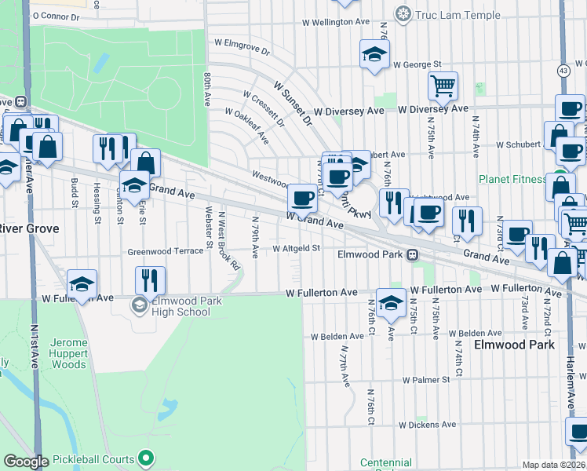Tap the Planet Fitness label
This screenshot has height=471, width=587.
point(513,179)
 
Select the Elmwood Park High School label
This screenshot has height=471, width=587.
point(177,306)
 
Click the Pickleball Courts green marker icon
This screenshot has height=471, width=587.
point(145,457)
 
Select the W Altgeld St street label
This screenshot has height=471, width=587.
point(297,248)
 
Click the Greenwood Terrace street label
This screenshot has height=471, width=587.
point(166,252)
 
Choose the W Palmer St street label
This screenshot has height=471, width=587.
point(426,379)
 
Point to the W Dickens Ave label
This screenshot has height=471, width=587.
point(427,425)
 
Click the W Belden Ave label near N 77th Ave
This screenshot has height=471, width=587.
point(337,336)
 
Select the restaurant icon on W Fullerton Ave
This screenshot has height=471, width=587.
point(149,279)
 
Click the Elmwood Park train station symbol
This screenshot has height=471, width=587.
point(410,254)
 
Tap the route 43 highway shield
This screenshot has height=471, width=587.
point(563,71)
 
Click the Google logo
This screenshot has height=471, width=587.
point(26,461)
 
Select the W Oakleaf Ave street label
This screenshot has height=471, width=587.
point(247,126)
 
